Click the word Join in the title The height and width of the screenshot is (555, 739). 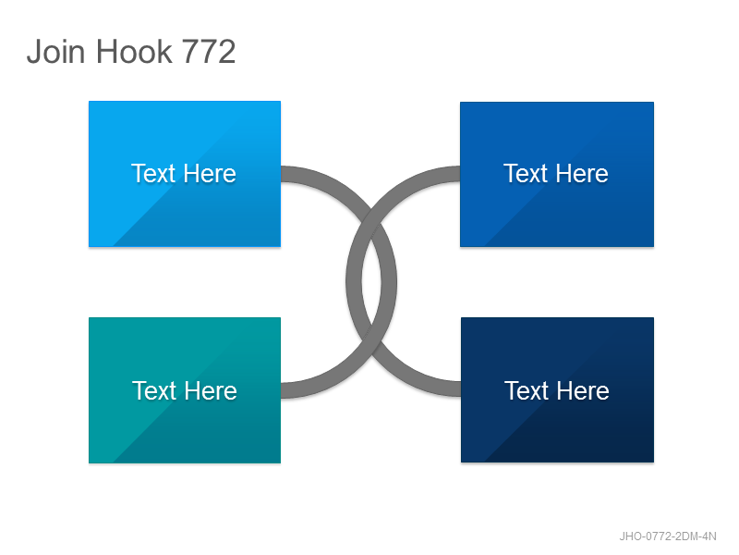(56, 51)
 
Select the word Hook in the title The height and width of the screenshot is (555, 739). (134, 51)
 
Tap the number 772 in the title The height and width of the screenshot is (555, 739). (209, 52)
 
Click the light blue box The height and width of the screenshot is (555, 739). (185, 174)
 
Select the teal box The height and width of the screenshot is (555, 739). (185, 390)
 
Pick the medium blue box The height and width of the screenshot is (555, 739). (557, 174)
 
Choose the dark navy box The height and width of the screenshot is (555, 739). (557, 389)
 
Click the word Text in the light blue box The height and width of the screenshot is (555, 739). (153, 173)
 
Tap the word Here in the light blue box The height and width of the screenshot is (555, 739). (210, 173)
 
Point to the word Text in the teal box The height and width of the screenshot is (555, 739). (154, 390)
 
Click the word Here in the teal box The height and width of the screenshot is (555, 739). (211, 390)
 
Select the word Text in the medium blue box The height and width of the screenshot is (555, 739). (526, 173)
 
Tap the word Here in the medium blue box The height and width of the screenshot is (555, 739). (582, 173)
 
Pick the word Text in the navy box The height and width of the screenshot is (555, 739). (527, 390)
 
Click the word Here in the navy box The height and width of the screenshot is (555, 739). (583, 390)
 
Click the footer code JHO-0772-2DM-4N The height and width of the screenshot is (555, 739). (668, 536)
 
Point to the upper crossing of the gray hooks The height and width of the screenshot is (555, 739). (371, 221)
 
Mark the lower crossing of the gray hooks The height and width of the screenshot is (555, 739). (371, 343)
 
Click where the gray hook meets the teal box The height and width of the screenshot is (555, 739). (282, 390)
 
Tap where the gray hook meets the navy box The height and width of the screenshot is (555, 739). (460, 388)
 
